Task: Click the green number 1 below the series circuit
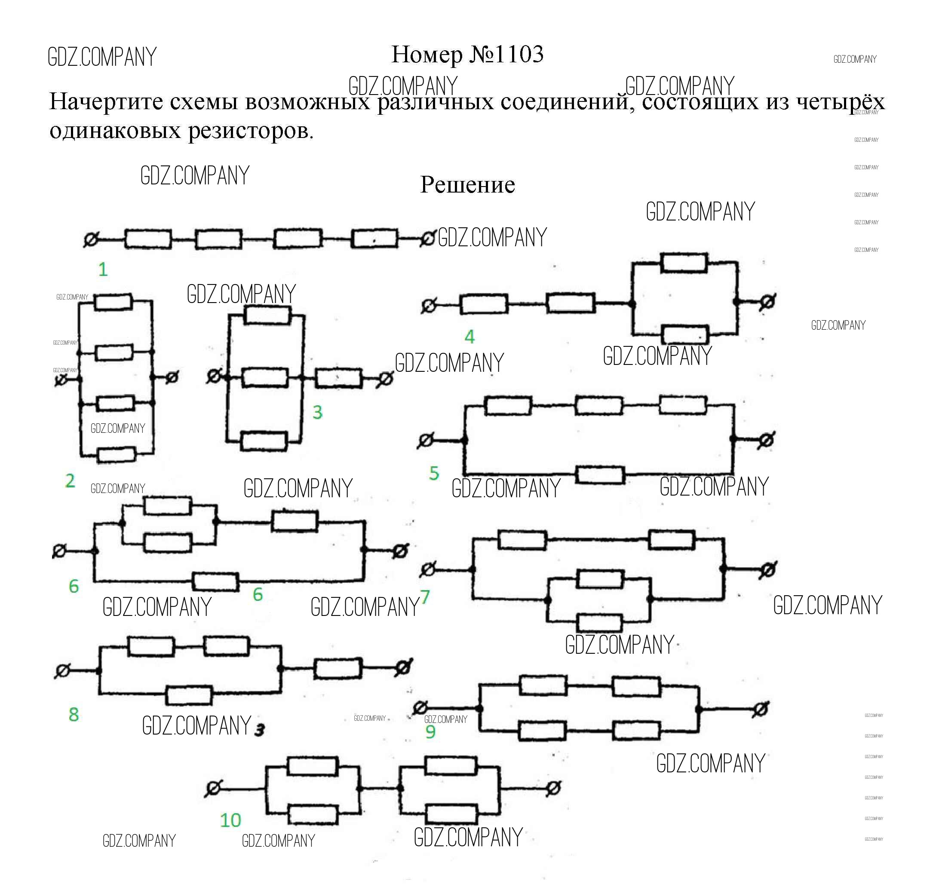tap(103, 270)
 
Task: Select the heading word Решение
tap(467, 185)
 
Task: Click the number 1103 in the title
tap(519, 54)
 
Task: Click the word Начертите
tap(106, 101)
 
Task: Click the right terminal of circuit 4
tap(767, 302)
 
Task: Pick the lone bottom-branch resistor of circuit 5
tap(600, 475)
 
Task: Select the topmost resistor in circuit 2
tap(113, 302)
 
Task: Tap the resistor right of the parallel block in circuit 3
tap(338, 378)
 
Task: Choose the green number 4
tap(470, 337)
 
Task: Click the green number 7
tap(425, 597)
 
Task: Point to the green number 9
tap(430, 732)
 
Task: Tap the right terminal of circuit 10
tap(553, 789)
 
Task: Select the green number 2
tap(70, 481)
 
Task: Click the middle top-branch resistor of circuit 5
tap(598, 406)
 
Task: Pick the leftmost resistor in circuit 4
tap(484, 304)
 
